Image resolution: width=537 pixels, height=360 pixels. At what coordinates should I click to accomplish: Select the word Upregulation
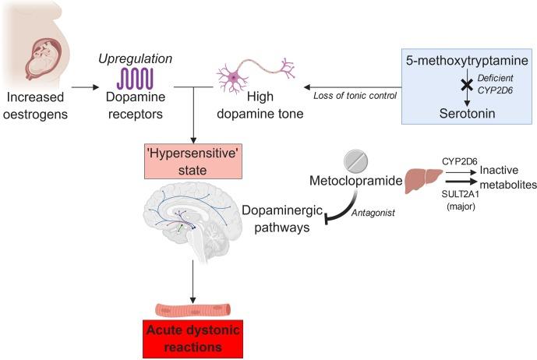135,59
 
